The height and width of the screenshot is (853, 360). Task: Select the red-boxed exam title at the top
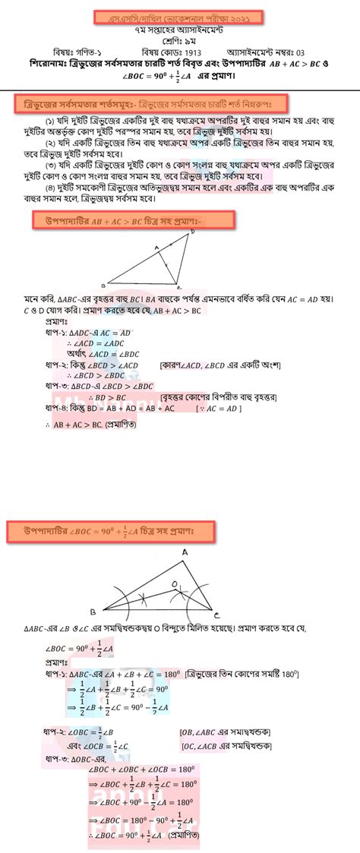(180, 16)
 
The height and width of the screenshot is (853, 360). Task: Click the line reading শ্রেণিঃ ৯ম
(180, 39)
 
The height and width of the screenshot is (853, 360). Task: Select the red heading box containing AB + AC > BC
(131, 220)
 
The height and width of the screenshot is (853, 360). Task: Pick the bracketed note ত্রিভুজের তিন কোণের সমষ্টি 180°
(243, 673)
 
